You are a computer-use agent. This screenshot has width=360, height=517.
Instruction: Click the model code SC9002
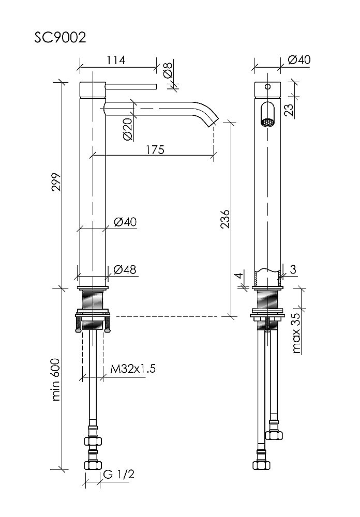coord(60,38)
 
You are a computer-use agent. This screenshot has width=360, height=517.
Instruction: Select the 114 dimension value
coord(116,60)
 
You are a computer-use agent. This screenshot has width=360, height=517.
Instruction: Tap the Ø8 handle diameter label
coord(168,70)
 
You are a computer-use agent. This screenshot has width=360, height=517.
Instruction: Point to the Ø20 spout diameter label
coord(128,129)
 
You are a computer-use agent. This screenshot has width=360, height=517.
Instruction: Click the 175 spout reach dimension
coord(155,149)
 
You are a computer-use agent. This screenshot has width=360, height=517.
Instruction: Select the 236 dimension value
coord(225,218)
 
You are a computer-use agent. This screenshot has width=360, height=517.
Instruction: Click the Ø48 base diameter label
coord(125,269)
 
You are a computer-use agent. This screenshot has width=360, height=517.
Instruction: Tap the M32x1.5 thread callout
coord(133,368)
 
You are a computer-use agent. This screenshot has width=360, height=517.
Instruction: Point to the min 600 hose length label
coord(56,379)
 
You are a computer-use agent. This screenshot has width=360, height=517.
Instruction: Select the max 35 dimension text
coord(296,332)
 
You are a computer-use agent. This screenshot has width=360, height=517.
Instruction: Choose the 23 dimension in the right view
coord(289,110)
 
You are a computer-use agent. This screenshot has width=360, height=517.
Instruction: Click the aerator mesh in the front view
coord(267,123)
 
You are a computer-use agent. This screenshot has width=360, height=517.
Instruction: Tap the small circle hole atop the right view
coord(268,87)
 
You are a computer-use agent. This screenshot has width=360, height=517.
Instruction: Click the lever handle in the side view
coord(131,87)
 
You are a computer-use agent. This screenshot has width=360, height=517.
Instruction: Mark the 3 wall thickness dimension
coord(293,269)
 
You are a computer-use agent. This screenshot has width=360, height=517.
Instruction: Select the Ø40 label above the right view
coord(299,59)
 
